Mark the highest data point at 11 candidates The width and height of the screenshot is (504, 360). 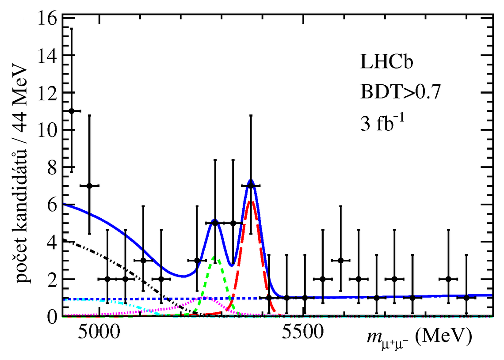pos(71,111)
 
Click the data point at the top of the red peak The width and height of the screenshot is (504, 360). pos(251,186)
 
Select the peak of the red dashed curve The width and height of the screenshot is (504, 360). pos(251,201)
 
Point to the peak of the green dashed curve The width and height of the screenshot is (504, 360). pos(214,256)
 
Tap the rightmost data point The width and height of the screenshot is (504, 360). pos(466,298)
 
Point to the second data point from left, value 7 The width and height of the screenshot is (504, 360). pos(89,186)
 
